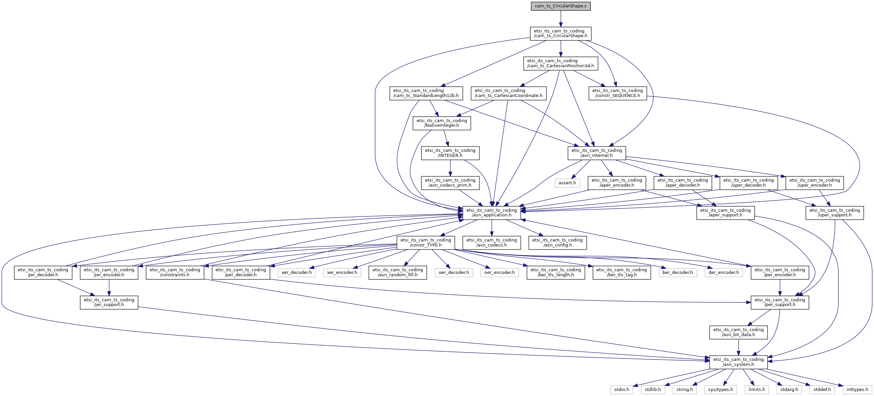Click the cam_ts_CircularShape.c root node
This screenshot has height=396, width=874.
(x=561, y=6)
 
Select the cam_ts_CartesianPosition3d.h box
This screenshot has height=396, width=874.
(x=561, y=64)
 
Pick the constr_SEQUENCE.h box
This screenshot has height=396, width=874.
(x=617, y=93)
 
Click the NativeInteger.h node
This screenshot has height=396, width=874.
(x=442, y=123)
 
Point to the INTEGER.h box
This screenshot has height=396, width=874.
(x=450, y=153)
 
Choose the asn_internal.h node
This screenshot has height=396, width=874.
(x=596, y=153)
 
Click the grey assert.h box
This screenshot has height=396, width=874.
(x=567, y=183)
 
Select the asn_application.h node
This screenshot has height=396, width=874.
(x=492, y=213)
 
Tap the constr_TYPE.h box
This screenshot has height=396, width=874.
(x=426, y=242)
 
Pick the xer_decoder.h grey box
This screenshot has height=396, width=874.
(x=297, y=272)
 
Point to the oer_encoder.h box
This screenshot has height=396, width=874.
(x=499, y=272)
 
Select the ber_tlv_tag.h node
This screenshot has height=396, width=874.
(x=621, y=272)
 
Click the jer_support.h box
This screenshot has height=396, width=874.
(x=109, y=302)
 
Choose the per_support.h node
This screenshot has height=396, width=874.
(x=780, y=302)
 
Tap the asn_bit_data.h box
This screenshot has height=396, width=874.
(x=738, y=332)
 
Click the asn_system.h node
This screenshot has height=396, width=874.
(x=738, y=362)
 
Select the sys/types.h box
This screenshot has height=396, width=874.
(x=721, y=390)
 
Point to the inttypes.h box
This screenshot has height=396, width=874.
(x=857, y=390)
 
